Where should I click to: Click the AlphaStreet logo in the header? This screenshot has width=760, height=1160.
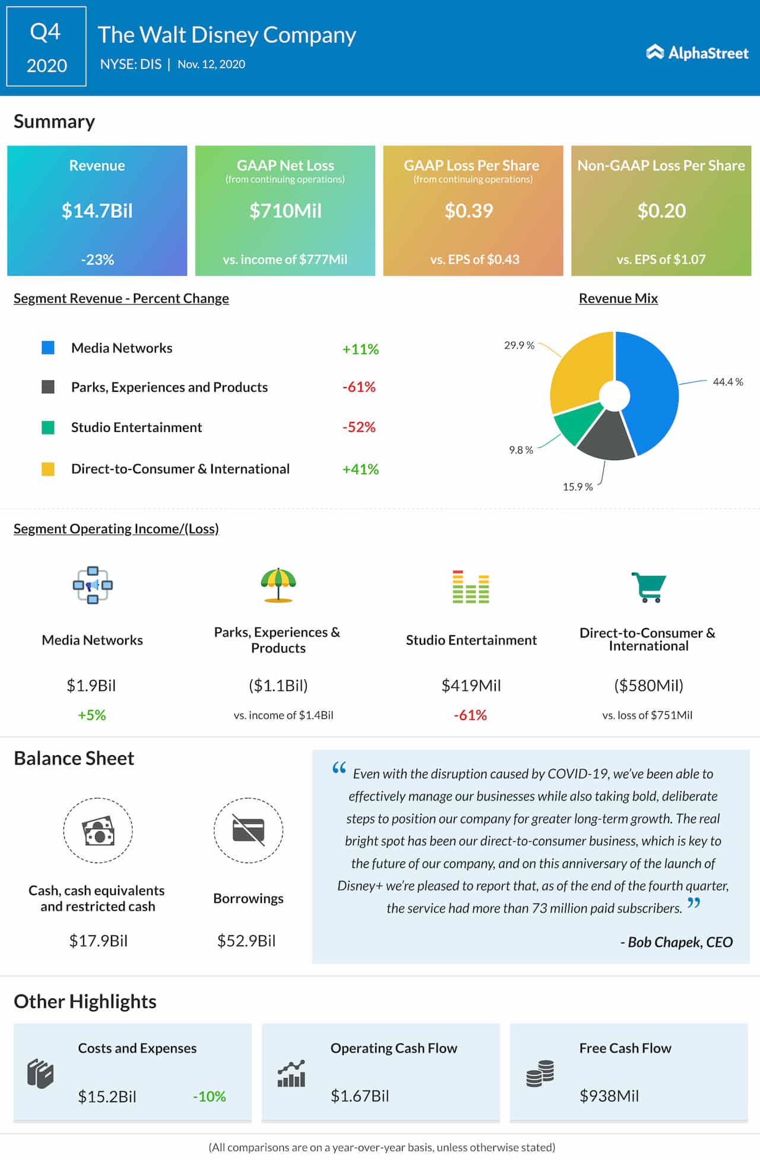click(x=697, y=53)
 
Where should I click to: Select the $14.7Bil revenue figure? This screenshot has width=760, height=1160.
click(x=97, y=211)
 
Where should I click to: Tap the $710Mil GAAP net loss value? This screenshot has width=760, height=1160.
click(x=285, y=211)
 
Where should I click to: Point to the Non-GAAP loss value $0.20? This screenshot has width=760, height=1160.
click(x=661, y=211)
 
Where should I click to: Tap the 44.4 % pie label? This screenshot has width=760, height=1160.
click(x=727, y=382)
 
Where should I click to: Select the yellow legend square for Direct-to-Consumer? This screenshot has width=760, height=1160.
click(x=48, y=469)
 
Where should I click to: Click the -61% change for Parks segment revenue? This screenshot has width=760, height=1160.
click(x=359, y=387)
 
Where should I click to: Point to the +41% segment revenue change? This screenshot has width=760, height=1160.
click(x=360, y=469)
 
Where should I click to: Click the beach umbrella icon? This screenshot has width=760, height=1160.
click(x=278, y=585)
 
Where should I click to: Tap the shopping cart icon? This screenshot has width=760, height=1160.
click(x=648, y=587)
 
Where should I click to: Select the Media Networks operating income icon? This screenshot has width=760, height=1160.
click(x=93, y=585)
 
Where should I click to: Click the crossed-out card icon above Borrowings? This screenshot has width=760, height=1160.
click(x=248, y=830)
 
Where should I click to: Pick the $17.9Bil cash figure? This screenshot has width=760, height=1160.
click(x=98, y=940)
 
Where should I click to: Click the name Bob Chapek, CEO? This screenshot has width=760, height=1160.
click(x=677, y=942)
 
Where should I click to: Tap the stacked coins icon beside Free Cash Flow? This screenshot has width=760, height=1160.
click(x=540, y=1073)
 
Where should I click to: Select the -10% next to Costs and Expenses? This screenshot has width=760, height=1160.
click(x=209, y=1096)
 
